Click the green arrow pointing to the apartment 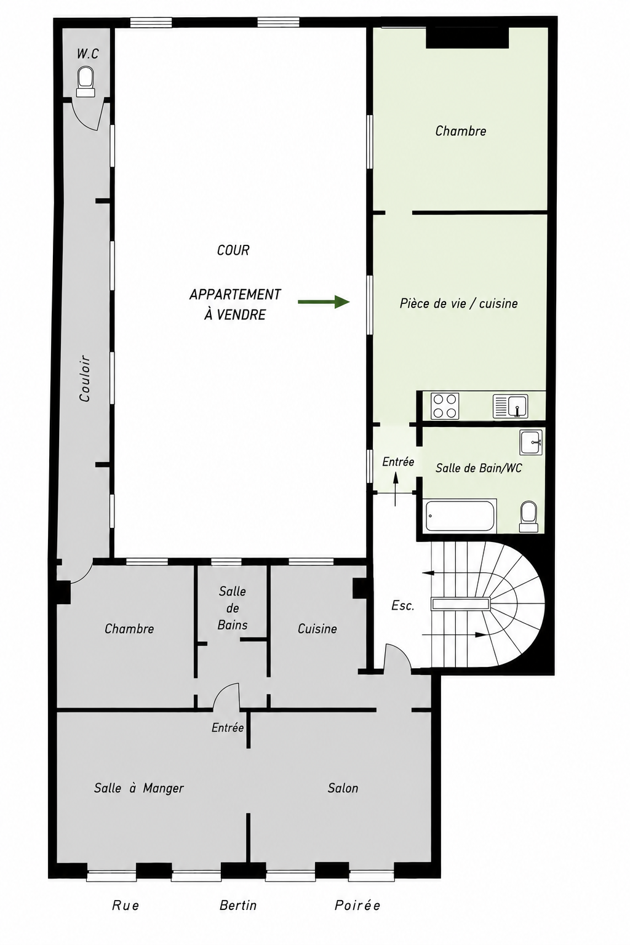coord(324,301)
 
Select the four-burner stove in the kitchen coord(445,406)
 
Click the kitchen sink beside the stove coord(510,406)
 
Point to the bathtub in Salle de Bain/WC coord(460,515)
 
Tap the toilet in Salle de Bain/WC coord(528,516)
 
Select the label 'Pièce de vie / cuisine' coord(459,303)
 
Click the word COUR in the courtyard coord(233,250)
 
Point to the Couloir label coord(85,378)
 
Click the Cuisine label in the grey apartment coord(317,629)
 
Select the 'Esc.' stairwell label coord(402,606)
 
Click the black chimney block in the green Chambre coord(467,38)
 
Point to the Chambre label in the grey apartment coord(129,629)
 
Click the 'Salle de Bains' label coord(233,608)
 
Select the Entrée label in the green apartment coord(398,462)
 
